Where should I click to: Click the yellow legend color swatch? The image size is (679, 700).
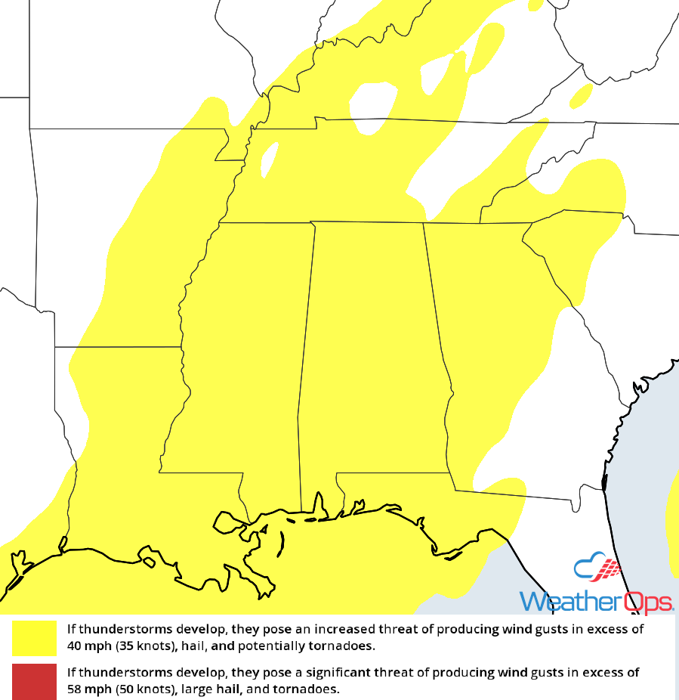[x=34, y=638]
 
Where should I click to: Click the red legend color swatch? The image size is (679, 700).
[x=34, y=681]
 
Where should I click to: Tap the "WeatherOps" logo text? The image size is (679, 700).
[x=596, y=602]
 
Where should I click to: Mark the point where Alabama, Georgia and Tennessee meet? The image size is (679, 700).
[x=423, y=223]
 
